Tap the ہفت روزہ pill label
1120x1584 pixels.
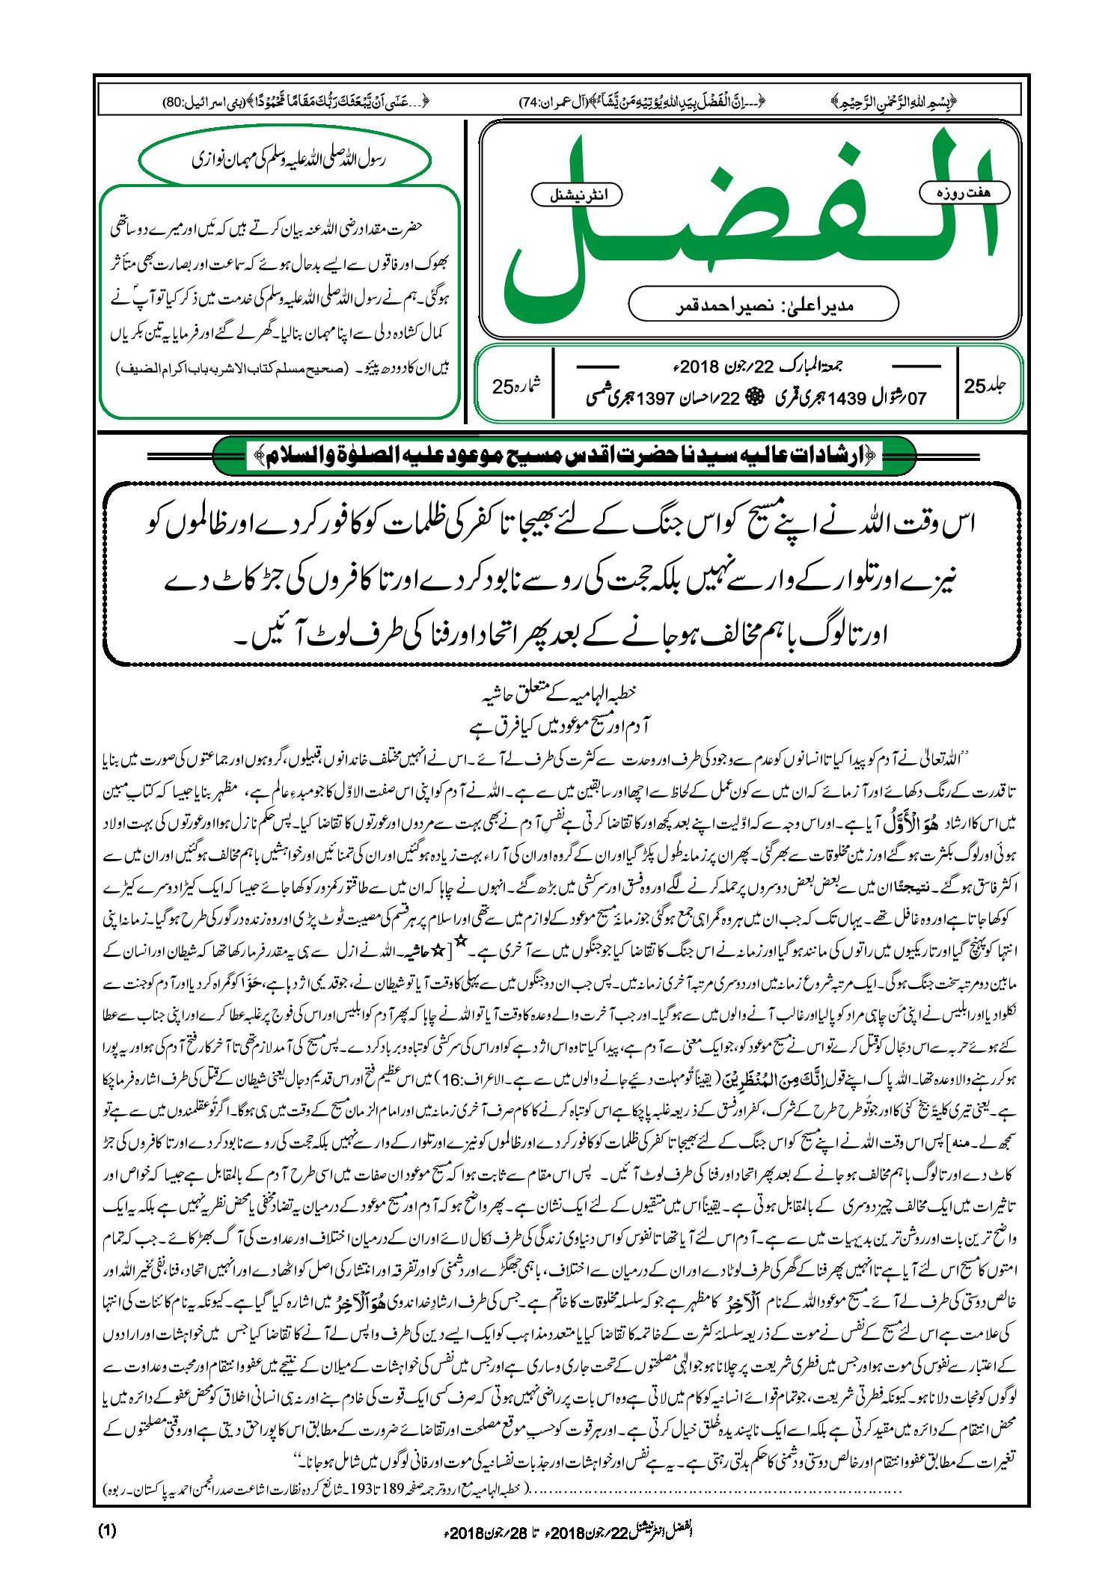coord(964,192)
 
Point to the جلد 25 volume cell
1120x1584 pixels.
coord(985,385)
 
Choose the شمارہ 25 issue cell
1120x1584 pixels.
coord(515,386)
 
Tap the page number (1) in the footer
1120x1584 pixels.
coord(107,1530)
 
